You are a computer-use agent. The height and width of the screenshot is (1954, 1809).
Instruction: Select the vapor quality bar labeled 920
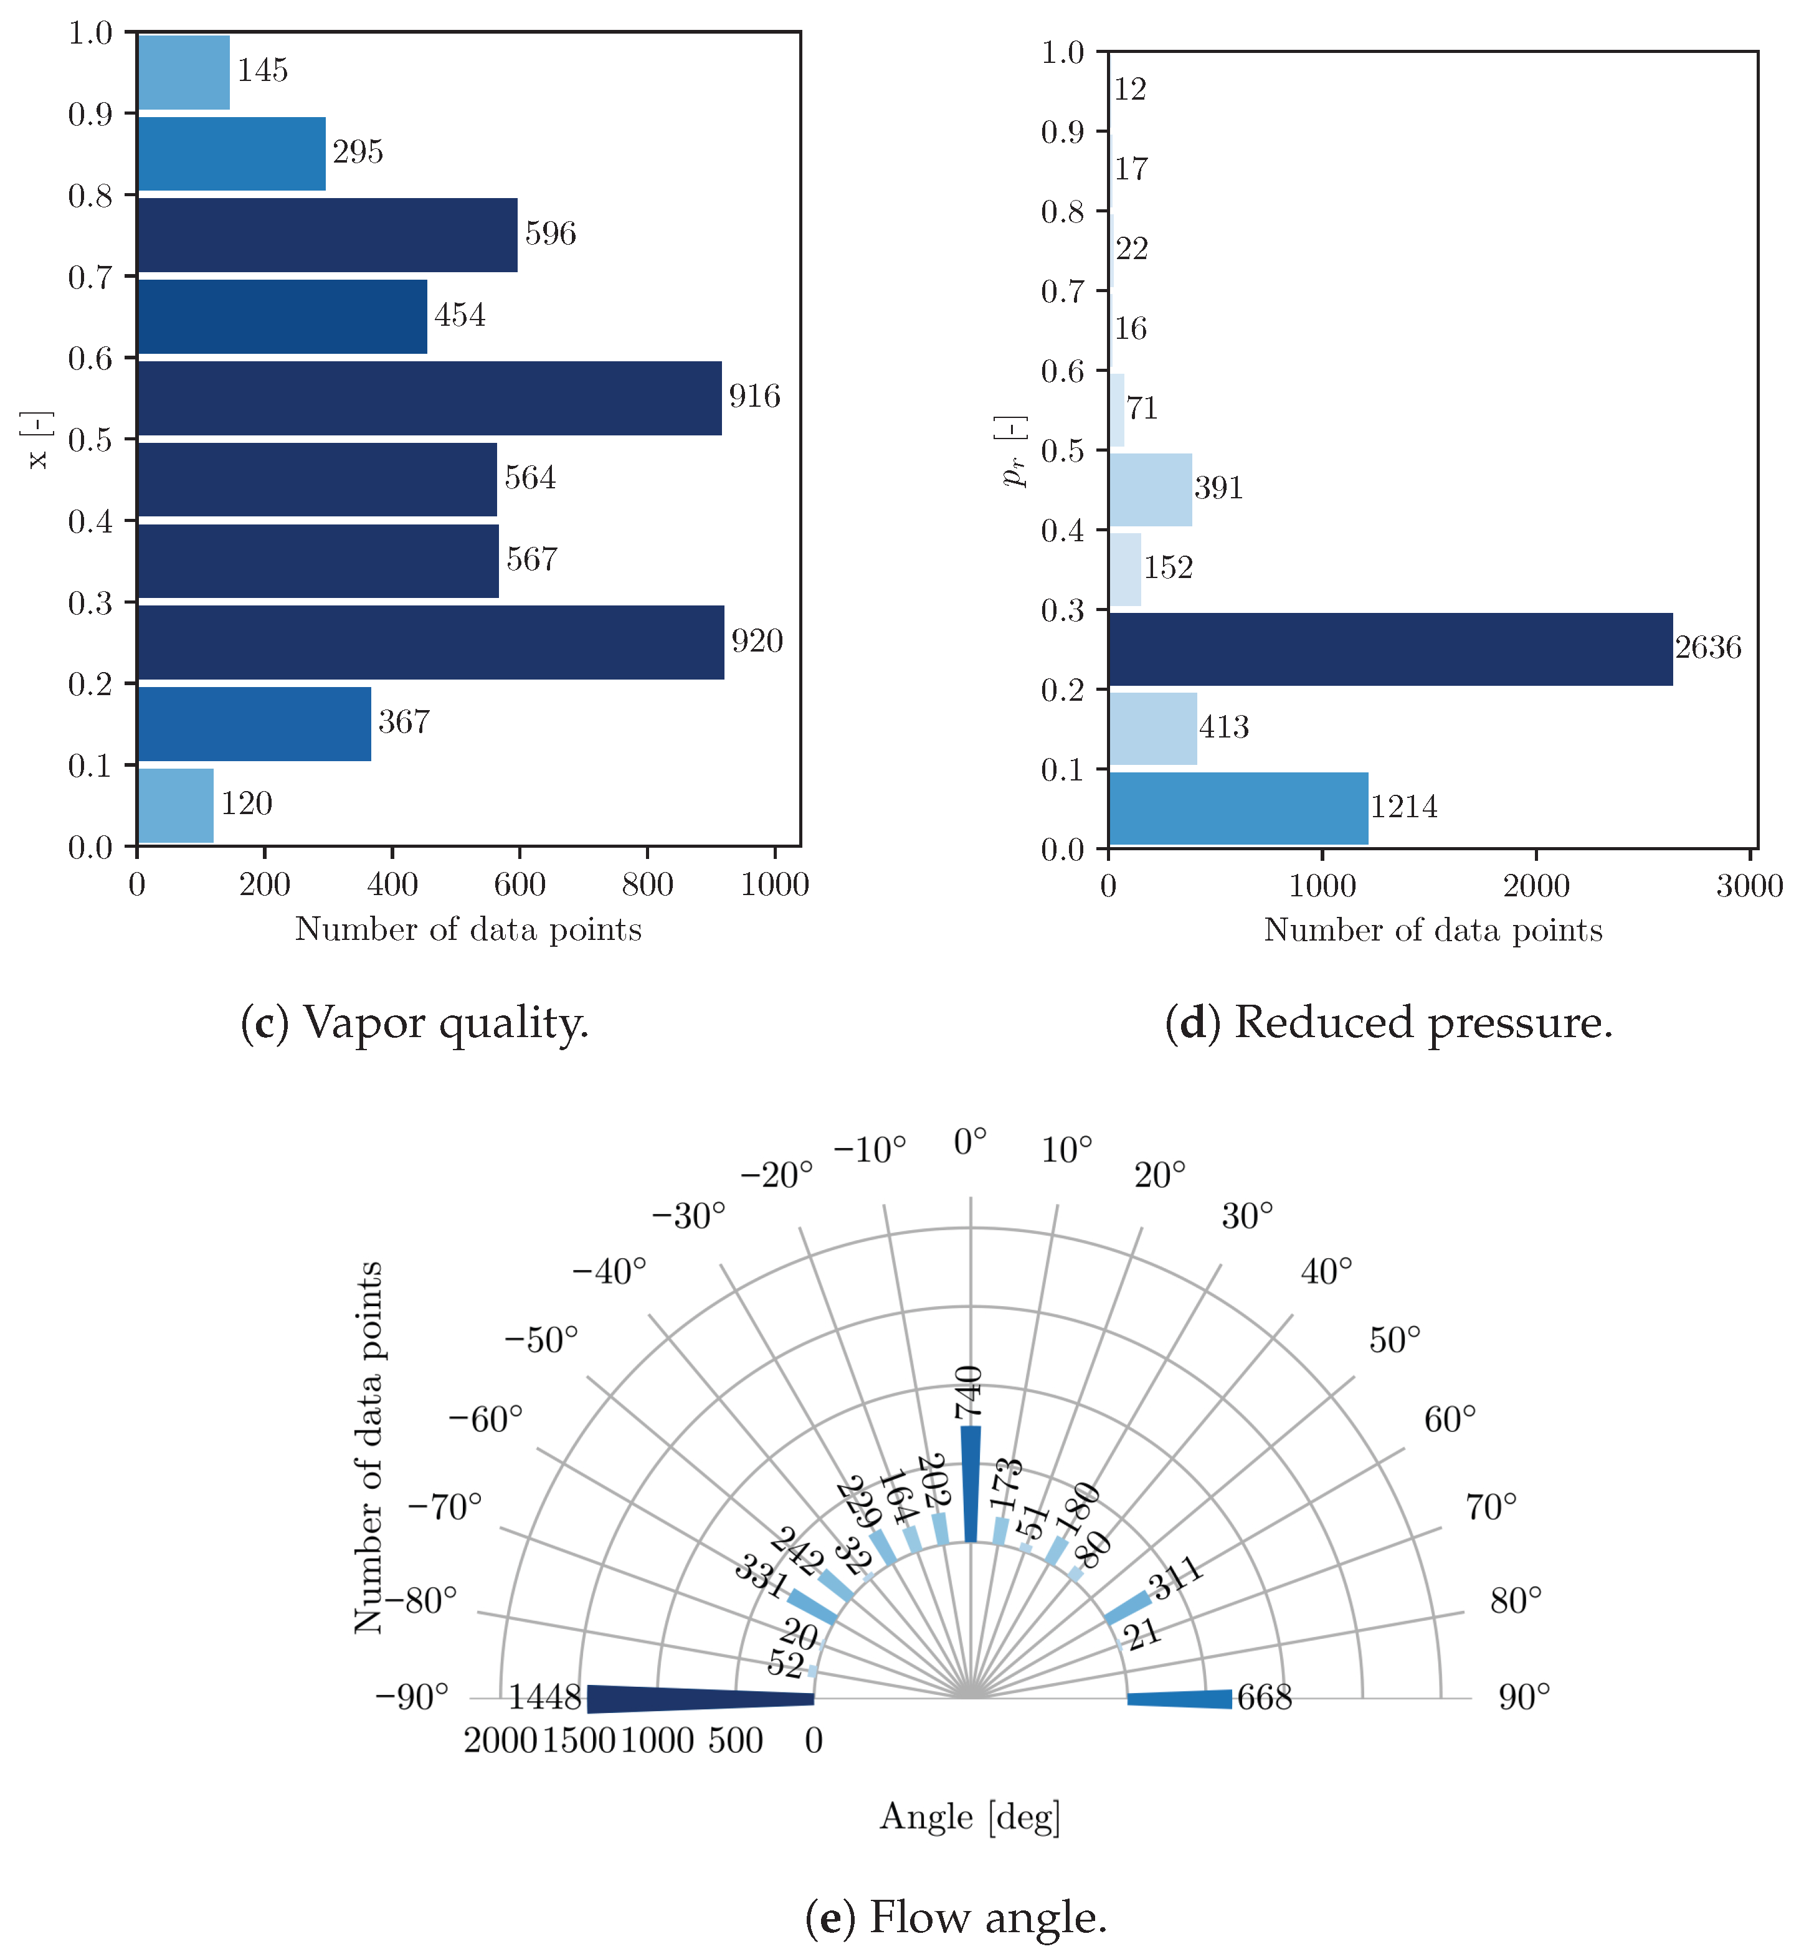(430, 642)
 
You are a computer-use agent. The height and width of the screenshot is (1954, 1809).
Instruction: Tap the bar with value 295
(231, 154)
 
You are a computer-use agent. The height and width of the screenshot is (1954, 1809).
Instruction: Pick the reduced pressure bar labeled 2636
(1390, 649)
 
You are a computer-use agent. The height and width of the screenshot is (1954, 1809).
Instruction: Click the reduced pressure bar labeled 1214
(1238, 809)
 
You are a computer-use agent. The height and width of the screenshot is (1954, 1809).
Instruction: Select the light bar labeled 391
(1150, 490)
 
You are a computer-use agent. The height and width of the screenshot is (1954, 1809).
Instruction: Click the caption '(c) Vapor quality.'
(415, 1023)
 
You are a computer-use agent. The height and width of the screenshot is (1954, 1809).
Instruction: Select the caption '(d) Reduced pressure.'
(1388, 1023)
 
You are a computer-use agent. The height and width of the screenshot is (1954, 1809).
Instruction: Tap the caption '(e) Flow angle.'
(956, 1917)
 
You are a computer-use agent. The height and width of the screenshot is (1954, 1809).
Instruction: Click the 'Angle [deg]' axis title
(970, 1817)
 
